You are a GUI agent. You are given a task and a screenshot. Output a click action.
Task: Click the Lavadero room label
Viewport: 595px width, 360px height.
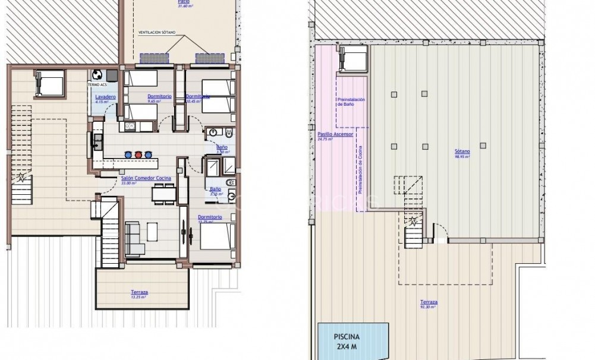click(105, 97)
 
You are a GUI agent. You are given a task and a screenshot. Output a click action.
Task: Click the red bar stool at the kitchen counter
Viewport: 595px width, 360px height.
click(138, 154)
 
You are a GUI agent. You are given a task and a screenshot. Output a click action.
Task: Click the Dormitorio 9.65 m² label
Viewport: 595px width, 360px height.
click(159, 97)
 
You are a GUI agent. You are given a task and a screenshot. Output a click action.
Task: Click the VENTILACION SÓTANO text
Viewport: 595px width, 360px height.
click(156, 33)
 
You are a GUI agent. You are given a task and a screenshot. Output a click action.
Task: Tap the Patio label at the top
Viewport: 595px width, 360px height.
click(184, 2)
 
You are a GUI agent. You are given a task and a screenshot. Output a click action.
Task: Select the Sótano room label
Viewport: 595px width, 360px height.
click(462, 152)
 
